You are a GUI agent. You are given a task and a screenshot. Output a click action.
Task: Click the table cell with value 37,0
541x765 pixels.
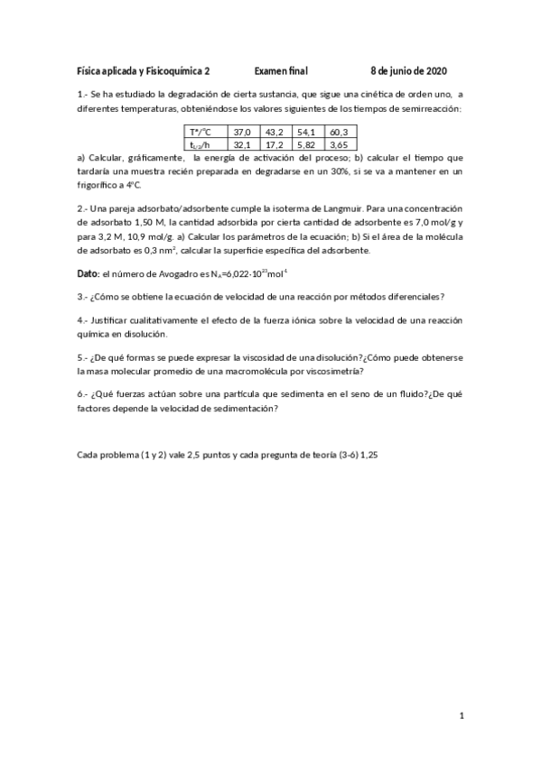(243, 132)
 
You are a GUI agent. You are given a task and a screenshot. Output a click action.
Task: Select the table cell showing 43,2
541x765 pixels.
(275, 132)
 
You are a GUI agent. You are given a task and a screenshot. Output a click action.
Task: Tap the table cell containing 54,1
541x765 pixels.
(307, 132)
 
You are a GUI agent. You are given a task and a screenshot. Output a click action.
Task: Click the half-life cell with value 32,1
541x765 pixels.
(243, 143)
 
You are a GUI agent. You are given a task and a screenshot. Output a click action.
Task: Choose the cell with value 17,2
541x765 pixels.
(275, 143)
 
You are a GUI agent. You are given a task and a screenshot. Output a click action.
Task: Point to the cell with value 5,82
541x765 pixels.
(307, 143)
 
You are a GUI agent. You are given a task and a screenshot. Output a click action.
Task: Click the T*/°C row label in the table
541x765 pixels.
(201, 132)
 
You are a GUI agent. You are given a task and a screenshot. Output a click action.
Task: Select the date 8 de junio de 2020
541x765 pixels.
(408, 70)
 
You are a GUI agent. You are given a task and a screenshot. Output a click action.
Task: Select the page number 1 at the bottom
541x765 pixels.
(461, 716)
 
